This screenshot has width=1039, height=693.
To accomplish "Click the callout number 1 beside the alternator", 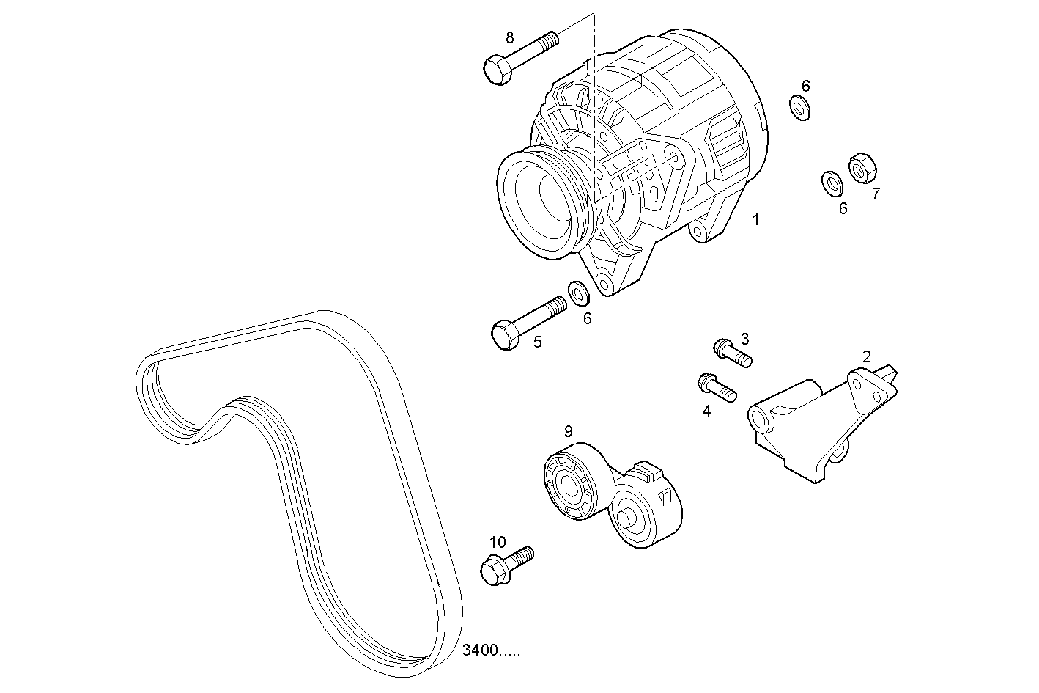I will pyautogui.click(x=755, y=219).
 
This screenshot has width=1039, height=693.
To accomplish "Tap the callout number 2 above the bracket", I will pyautogui.click(x=867, y=357).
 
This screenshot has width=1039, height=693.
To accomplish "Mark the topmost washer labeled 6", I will pyautogui.click(x=799, y=108).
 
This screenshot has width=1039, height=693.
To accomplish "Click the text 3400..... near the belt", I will pyautogui.click(x=492, y=650).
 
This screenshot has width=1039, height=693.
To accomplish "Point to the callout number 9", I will pyautogui.click(x=568, y=430).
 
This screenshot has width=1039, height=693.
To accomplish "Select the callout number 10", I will pyautogui.click(x=497, y=542).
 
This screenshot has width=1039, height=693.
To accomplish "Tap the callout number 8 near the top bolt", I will pyautogui.click(x=509, y=37).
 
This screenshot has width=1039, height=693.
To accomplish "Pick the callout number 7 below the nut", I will pyautogui.click(x=875, y=194).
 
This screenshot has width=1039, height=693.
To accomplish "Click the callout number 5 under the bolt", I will pyautogui.click(x=537, y=342).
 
